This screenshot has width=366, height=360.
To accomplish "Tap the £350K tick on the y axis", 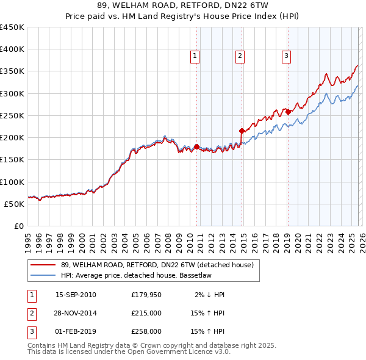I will pyautogui.click(x=12, y=71).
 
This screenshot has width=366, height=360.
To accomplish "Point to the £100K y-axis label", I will pyautogui.click(x=12, y=182).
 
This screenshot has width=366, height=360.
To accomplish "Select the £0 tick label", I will pyautogui.click(x=19, y=226).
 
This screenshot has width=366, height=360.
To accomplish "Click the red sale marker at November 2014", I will pyautogui.click(x=242, y=131).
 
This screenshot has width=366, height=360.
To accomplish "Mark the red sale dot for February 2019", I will pyautogui.click(x=288, y=112).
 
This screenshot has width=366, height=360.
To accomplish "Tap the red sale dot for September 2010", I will pyautogui.click(x=196, y=146).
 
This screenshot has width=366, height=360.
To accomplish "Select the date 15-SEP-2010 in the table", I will pyautogui.click(x=76, y=295).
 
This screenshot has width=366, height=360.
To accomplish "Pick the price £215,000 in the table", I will pyautogui.click(x=146, y=313).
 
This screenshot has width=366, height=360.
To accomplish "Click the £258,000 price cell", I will pyautogui.click(x=146, y=331).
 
